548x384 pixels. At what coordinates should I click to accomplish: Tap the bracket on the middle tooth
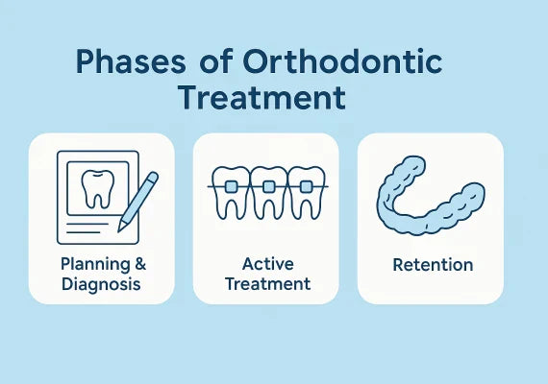tap(268, 184)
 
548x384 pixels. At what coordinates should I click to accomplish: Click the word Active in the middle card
tap(265, 264)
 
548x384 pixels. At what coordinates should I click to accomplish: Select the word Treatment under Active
tap(265, 283)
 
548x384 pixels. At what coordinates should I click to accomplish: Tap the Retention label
tap(431, 264)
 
